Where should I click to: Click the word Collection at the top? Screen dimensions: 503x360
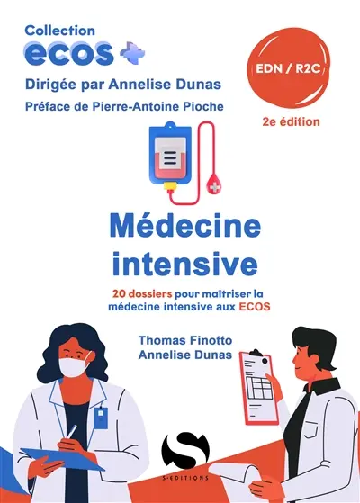click(x=61, y=30)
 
